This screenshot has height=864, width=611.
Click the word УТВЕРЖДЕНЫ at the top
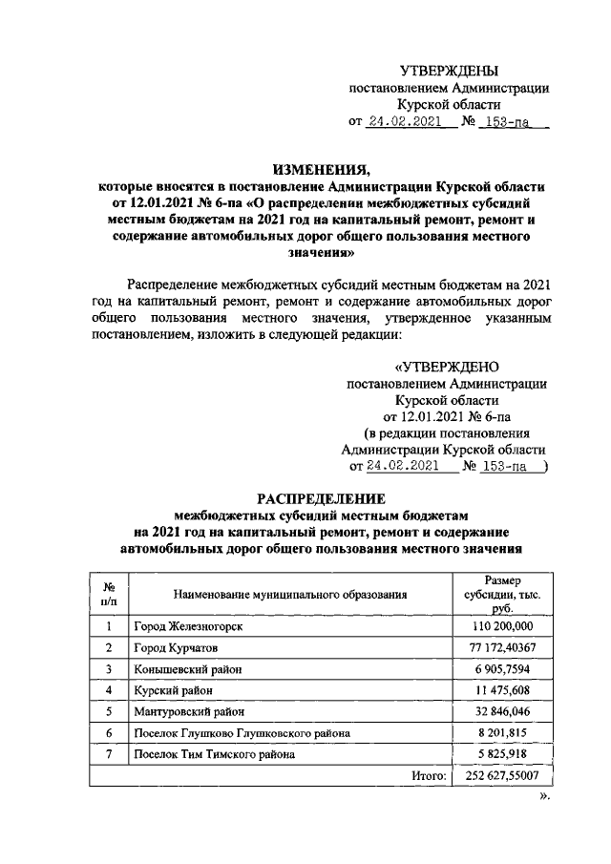[448, 71]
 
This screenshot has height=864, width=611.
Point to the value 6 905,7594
[502, 669]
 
